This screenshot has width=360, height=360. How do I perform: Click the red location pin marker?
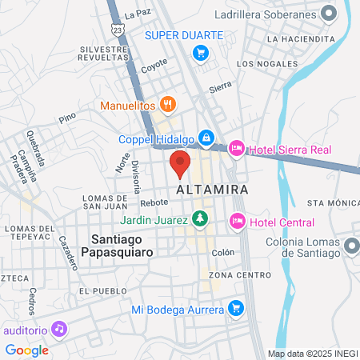[x=180, y=163]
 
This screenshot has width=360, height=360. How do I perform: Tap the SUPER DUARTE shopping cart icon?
[x=201, y=53]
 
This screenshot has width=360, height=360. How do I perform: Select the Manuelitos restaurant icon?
[x=167, y=103]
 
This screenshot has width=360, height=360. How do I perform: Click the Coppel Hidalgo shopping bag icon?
[x=206, y=138]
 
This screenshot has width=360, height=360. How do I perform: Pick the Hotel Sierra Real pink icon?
[x=237, y=148]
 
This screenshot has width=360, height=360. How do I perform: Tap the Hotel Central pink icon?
[x=238, y=221]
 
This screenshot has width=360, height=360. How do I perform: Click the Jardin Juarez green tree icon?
[x=199, y=218]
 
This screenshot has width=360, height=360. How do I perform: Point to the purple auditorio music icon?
[x=58, y=328]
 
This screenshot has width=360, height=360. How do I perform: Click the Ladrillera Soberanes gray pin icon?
[x=327, y=13]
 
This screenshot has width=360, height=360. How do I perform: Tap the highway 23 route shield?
[x=119, y=29]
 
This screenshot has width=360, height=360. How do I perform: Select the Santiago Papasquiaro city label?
[x=122, y=244]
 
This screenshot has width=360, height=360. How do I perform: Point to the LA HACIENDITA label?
[x=301, y=38]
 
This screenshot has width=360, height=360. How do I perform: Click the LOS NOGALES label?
[x=266, y=63]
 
